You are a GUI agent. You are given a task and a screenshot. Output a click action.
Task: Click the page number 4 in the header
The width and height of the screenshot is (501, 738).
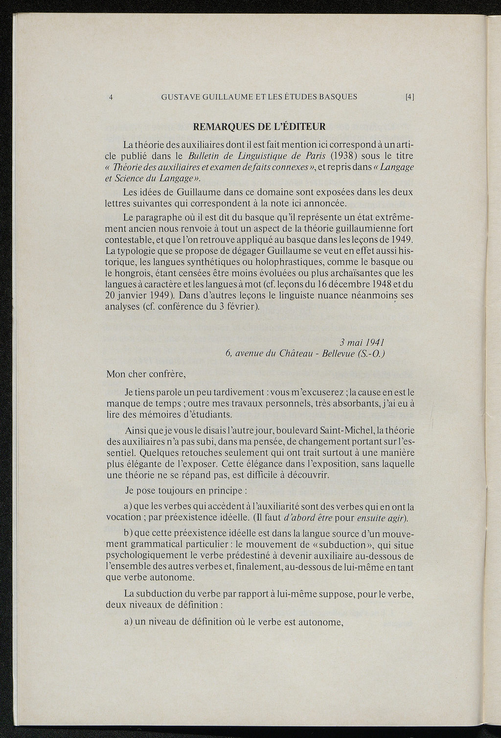(112, 97)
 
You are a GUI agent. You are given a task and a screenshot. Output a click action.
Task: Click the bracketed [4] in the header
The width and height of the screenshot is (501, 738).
(410, 97)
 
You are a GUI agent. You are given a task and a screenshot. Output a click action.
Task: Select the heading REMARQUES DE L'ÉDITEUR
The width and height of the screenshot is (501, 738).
(260, 127)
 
